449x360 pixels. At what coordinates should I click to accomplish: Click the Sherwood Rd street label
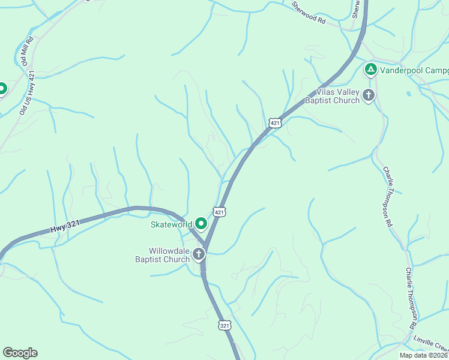pos(308,12)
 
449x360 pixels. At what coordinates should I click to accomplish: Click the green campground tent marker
pos(371,70)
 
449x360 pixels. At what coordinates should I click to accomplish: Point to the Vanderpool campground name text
pos(414,70)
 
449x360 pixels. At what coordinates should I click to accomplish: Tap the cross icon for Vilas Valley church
pos(368,95)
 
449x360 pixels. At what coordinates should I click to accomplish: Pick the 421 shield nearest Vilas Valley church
pos(274,123)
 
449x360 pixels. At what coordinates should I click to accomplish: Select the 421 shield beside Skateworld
pos(219,212)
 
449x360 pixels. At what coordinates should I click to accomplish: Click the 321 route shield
pos(224,325)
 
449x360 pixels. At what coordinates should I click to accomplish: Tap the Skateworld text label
pos(170,224)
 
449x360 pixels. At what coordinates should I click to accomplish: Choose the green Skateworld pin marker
pos(200,224)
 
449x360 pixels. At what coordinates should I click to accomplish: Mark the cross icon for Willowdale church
pos(199,255)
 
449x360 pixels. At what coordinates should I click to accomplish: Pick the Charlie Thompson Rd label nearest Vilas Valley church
pos(388,196)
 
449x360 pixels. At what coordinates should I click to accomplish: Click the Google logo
pos(20,353)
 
